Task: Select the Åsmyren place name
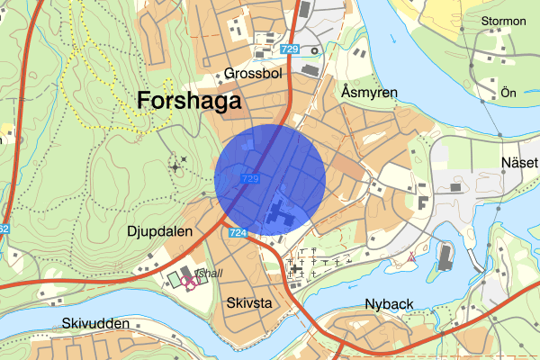pos(369,93)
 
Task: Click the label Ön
pos(508,93)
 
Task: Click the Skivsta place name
pos(249,302)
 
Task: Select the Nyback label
pos(390,304)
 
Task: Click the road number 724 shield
pos(238,233)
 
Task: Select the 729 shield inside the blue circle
pos(251,180)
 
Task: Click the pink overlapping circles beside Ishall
pos(190,281)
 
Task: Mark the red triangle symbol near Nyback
pos(411,257)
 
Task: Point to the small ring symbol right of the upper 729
pos(314,50)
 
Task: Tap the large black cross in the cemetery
pos(296,268)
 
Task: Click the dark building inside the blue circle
pos(280,211)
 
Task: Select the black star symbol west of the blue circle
pos(175,166)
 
